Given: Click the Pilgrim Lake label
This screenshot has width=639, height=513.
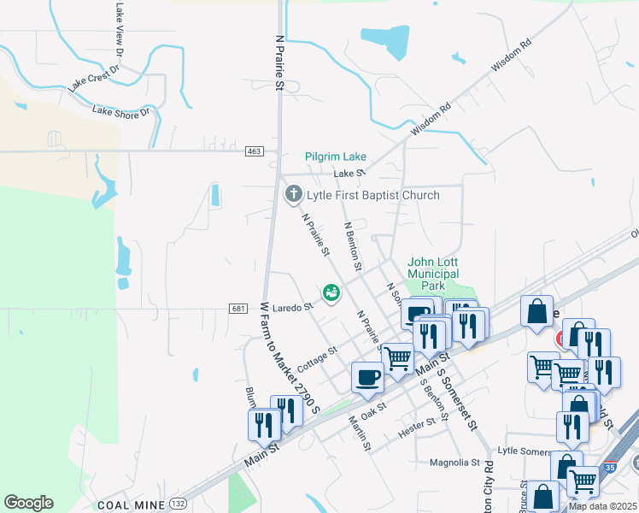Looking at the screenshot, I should click(336, 157).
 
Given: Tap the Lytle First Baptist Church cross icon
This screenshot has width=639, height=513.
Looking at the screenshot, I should click(293, 195).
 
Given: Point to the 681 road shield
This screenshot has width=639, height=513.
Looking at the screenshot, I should click(238, 308).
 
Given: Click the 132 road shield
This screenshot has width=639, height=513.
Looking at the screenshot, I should click(178, 504).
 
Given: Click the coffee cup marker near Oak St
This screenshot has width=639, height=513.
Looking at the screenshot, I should click(368, 377).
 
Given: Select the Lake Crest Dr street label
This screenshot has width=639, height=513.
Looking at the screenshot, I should click(95, 77).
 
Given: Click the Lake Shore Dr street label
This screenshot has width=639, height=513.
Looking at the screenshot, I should click(120, 111).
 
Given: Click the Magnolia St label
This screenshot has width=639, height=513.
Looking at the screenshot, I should click(454, 463).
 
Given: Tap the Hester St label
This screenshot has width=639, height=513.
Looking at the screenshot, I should click(423, 426).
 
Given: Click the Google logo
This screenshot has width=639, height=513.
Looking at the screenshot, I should click(29, 503).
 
